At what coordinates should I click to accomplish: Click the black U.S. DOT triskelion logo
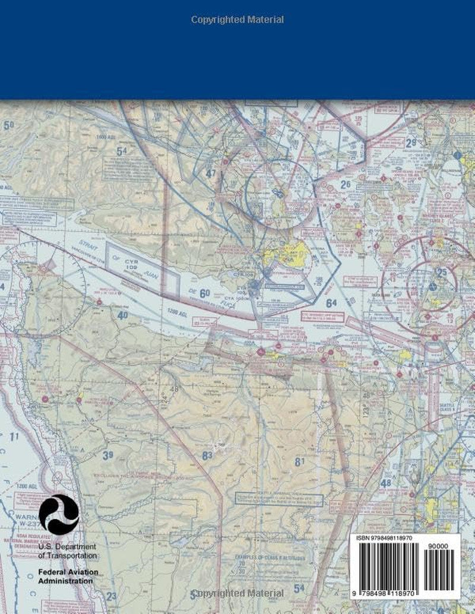pos(59,514)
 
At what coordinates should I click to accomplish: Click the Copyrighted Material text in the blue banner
pos(237,20)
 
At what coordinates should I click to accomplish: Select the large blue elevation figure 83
pos(207,456)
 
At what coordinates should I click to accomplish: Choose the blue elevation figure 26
pos(346,185)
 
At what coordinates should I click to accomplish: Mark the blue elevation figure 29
pos(411,143)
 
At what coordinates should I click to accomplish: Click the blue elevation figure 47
pos(211,173)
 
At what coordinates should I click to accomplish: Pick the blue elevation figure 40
pos(123,315)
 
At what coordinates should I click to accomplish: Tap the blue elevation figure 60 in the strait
pos(205,293)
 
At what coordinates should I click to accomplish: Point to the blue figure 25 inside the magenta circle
pos(441,272)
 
